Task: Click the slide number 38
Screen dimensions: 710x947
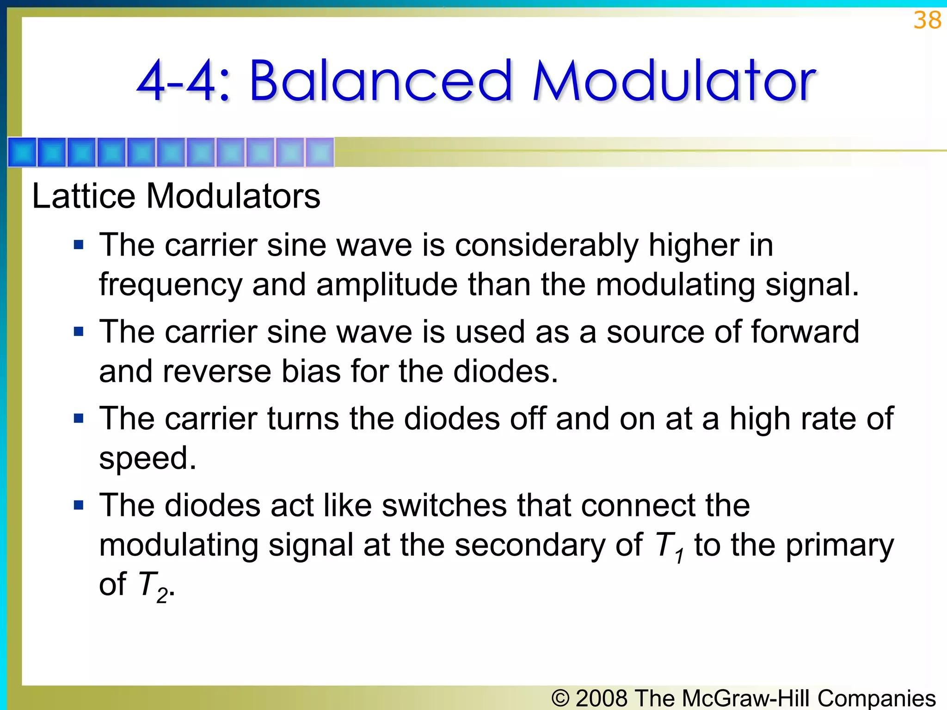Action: click(x=927, y=20)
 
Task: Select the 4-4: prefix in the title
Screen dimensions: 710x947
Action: click(x=183, y=82)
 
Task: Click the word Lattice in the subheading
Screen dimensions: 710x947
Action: click(x=84, y=196)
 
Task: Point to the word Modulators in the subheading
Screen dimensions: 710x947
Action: click(x=233, y=196)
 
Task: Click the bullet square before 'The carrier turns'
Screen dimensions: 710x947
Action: click(x=79, y=418)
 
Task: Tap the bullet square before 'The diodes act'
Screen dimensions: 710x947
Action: click(x=79, y=505)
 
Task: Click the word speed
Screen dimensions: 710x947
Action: click(x=148, y=459)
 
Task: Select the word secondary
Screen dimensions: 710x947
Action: click(x=530, y=545)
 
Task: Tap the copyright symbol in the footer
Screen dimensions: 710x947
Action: click(x=560, y=698)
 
